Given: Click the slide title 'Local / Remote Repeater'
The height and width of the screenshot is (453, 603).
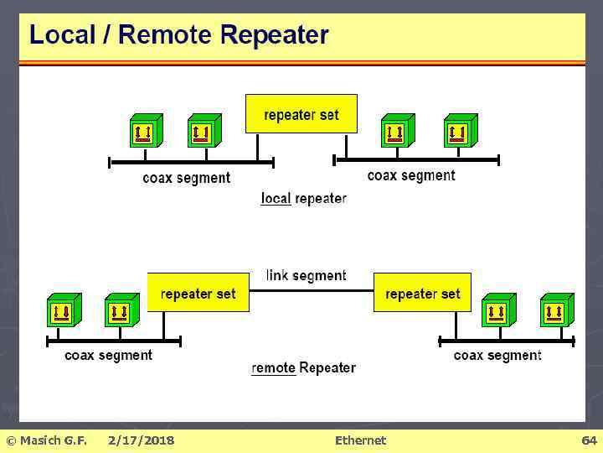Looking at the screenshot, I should [x=178, y=34].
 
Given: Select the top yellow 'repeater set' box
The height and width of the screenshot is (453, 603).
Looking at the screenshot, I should [x=301, y=113].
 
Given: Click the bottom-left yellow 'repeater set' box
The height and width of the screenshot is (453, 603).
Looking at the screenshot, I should [x=198, y=293].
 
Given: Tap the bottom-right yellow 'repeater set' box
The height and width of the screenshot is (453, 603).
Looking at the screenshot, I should [x=422, y=293].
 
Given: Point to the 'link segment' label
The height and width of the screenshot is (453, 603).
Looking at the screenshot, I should [x=306, y=275].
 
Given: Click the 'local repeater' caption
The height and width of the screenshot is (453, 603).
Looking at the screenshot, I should [x=303, y=199].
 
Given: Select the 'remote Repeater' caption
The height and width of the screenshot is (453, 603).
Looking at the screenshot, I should [x=303, y=367].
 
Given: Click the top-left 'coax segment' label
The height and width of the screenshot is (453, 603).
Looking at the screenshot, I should [x=186, y=178].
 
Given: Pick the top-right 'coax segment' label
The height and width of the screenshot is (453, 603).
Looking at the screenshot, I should [x=411, y=175].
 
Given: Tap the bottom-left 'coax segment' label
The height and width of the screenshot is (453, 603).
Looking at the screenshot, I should [x=108, y=355].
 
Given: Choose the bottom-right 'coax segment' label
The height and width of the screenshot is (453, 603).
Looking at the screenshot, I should [x=497, y=355].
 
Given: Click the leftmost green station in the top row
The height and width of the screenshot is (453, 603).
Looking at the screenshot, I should [x=145, y=131].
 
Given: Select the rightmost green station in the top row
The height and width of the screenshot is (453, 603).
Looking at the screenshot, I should [x=460, y=131].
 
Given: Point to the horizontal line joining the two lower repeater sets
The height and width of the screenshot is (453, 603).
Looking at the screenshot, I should [x=311, y=290].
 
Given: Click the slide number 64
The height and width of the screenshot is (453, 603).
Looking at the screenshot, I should [x=589, y=440].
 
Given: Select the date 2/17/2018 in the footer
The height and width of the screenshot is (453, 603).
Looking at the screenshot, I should [x=141, y=440].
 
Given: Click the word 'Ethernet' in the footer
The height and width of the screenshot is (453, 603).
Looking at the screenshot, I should [x=360, y=440].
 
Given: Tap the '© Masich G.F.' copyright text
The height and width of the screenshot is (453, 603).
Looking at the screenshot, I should [x=46, y=440].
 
